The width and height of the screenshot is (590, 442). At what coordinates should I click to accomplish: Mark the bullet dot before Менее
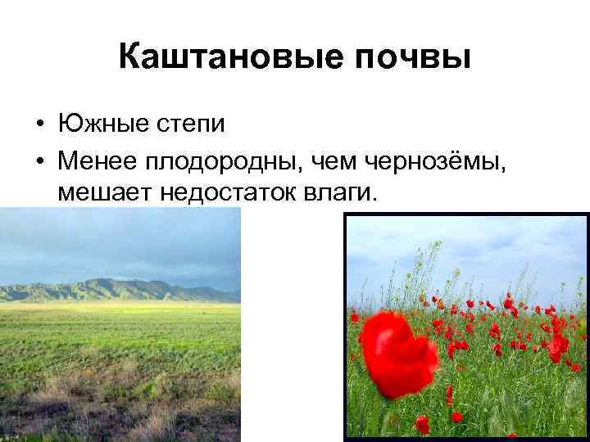[x=39, y=161]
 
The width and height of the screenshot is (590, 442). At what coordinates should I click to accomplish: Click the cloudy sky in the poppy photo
[x=467, y=254]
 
